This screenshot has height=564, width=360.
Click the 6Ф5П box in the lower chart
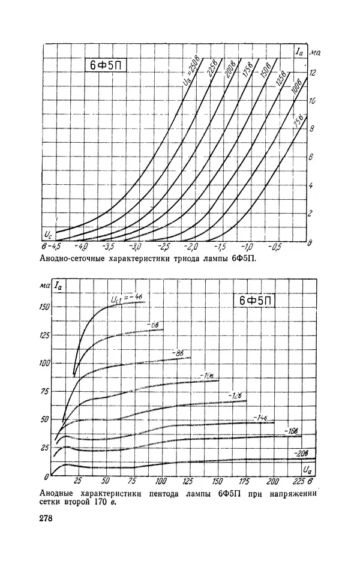(255, 301)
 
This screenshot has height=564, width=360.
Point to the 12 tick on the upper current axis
(313, 72)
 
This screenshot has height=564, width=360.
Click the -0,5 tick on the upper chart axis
(275, 247)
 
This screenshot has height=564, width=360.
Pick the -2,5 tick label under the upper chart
(163, 247)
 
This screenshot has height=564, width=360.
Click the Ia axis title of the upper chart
(299, 51)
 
